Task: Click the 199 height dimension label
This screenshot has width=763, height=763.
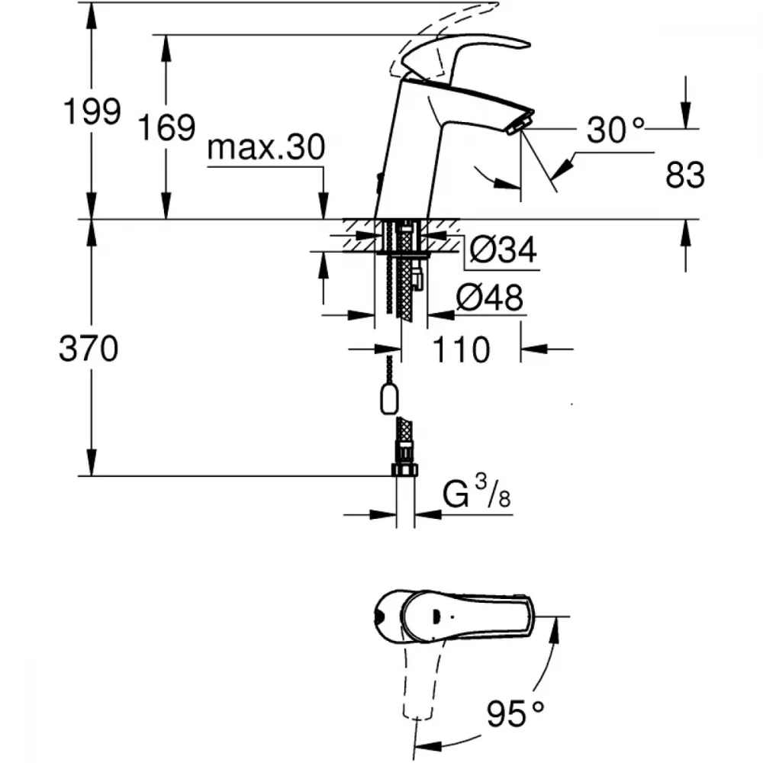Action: click(92, 111)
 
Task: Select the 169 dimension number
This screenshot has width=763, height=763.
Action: click(167, 127)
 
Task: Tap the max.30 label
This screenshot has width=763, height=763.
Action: click(266, 147)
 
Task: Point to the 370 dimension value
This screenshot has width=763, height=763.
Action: click(89, 349)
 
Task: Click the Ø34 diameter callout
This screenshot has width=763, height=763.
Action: click(503, 250)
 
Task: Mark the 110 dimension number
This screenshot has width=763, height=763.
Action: click(460, 349)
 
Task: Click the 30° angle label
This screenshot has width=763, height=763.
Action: click(615, 130)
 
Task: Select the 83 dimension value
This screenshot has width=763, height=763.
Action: click(685, 175)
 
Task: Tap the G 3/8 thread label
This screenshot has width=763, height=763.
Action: click(476, 492)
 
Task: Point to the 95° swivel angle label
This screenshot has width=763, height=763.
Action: click(515, 714)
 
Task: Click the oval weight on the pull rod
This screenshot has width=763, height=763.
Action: click(389, 398)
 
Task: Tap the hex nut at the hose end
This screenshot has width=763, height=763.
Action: click(405, 469)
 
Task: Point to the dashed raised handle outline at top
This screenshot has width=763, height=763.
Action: click(438, 39)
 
